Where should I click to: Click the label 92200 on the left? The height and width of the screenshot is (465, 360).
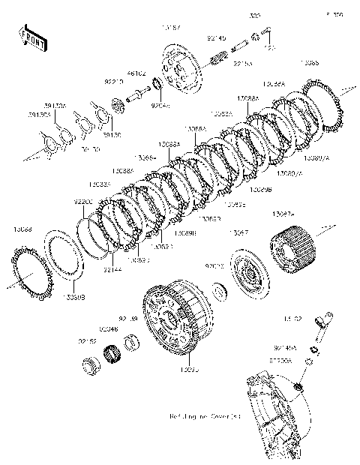click(83, 202)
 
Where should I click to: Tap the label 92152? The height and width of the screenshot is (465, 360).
click(88, 341)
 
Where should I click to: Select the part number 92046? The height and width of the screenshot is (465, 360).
click(108, 328)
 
